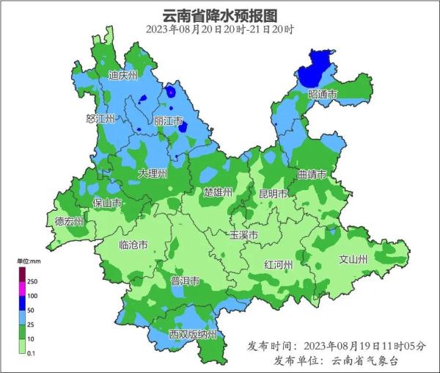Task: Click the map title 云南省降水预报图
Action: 220,15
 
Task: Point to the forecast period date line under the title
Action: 220,30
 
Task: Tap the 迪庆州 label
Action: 123,75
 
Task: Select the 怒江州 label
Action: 100,118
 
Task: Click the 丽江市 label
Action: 169,120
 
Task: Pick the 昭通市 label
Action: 323,95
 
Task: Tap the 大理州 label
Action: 153,173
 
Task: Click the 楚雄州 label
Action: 218,192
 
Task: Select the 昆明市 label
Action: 273,194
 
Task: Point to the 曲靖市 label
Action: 312,175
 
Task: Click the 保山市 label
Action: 107,203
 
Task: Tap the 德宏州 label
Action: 70,221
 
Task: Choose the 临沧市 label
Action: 133,245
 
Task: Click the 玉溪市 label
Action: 243,236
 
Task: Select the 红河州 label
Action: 279,264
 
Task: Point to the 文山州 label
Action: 353,259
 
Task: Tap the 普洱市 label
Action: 185,282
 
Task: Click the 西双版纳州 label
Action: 192,334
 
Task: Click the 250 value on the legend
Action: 32,281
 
